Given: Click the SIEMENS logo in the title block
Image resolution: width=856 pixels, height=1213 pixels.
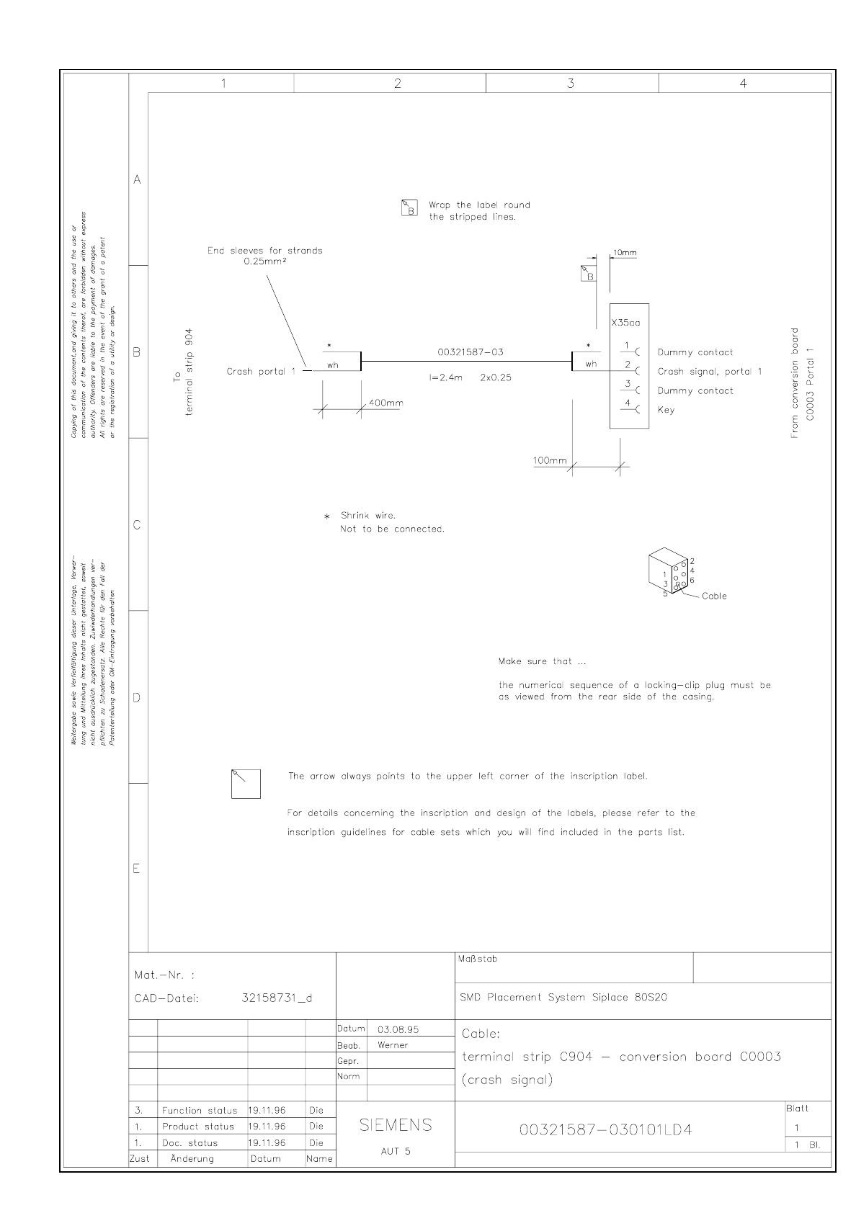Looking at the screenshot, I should click(x=396, y=1125).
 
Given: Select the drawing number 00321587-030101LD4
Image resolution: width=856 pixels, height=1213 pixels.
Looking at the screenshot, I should click(x=605, y=1129).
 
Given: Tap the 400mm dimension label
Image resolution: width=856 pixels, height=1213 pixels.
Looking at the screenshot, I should click(x=385, y=403).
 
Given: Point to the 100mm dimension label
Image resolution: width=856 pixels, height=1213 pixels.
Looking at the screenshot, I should click(x=550, y=460).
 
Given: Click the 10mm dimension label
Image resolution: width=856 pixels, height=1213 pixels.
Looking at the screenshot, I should click(x=625, y=253).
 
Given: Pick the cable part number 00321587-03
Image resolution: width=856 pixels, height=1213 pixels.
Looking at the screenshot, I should click(x=471, y=352).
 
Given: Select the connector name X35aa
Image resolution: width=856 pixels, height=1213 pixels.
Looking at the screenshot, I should click(x=625, y=323).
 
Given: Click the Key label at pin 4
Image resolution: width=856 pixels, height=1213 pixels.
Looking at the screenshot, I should click(x=666, y=410).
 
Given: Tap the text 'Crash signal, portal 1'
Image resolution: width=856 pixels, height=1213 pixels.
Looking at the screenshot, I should click(x=709, y=372).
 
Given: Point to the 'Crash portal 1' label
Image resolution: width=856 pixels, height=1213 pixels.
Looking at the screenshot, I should click(x=261, y=372).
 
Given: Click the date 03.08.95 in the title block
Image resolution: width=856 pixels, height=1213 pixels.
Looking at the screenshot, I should click(x=398, y=1029).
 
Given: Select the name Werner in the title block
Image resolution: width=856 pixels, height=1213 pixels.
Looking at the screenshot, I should click(x=393, y=1045).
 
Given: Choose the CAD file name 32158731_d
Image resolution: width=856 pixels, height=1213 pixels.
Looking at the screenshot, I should click(x=277, y=998).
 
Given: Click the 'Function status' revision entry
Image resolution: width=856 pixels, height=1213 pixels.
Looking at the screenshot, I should click(x=199, y=1111).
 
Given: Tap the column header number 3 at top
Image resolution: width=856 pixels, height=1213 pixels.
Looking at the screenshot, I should click(x=571, y=84).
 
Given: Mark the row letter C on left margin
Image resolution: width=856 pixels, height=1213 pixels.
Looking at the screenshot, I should click(x=137, y=525).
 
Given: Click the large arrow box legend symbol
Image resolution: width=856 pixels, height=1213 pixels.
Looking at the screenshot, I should click(x=246, y=784).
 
